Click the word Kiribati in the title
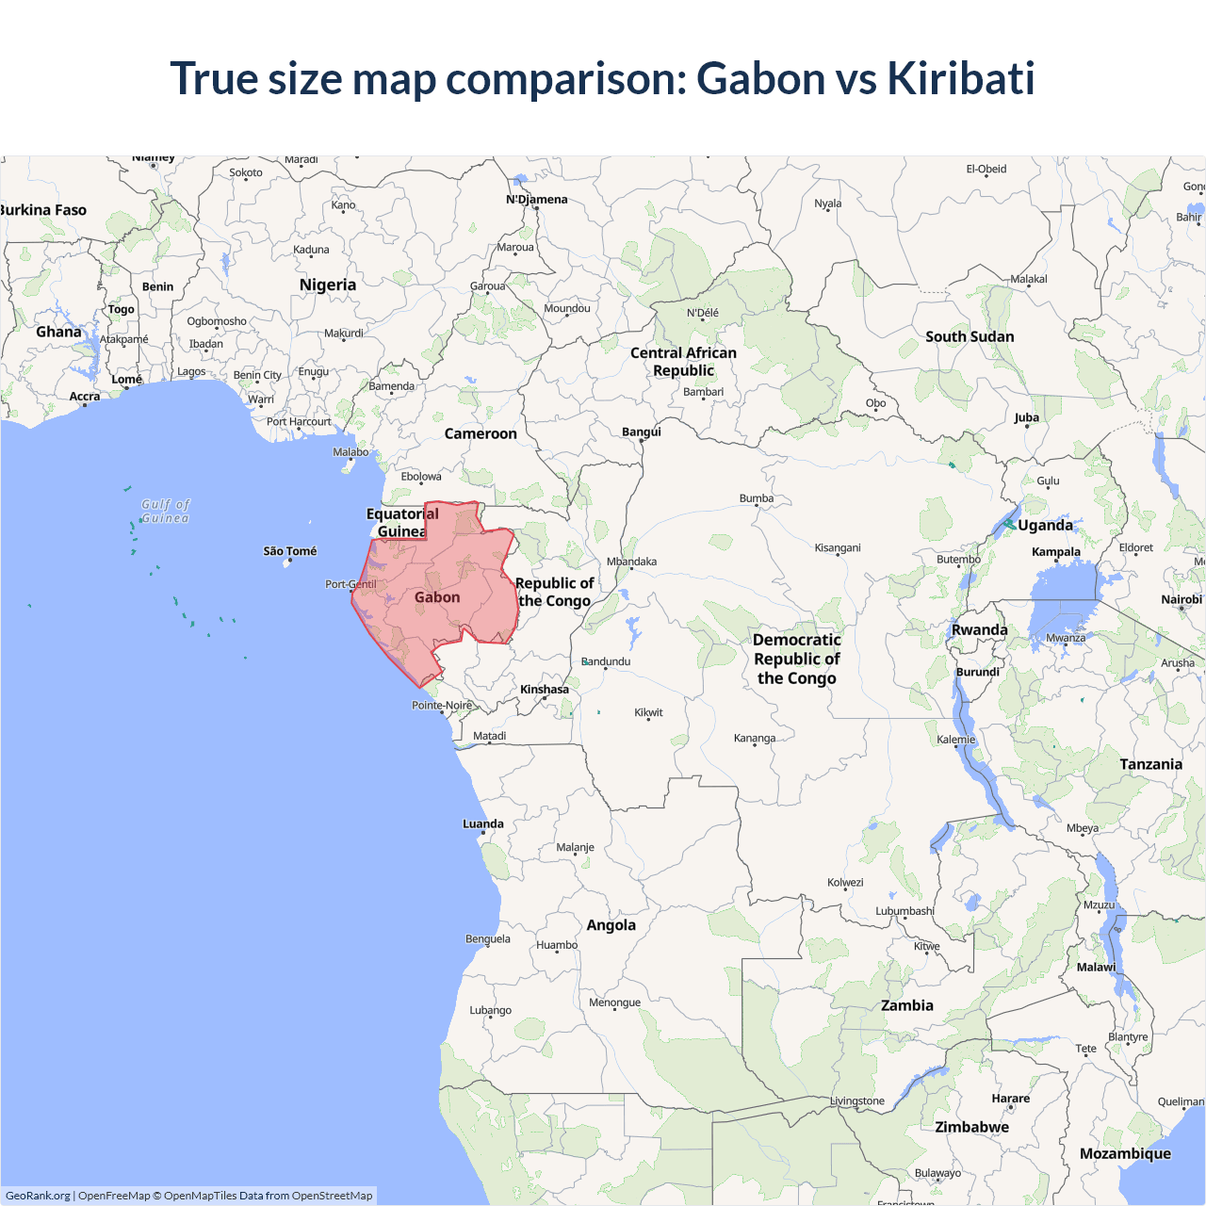tap(960, 78)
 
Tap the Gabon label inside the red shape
tap(437, 597)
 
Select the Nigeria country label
tap(328, 285)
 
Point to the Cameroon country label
tap(481, 433)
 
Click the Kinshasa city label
tap(545, 690)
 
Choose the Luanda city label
tap(483, 823)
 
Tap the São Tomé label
tap(290, 551)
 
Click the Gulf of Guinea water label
tap(166, 512)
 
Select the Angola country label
tap(611, 925)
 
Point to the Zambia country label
tap(907, 1005)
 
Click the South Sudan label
tap(970, 336)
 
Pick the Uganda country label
tap(1045, 525)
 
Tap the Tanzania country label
tap(1150, 764)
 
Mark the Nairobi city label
tap(1182, 599)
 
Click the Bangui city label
tap(642, 432)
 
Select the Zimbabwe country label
tap(971, 1127)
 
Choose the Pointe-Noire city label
tap(442, 705)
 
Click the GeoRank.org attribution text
tap(38, 1196)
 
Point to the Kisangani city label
tap(838, 547)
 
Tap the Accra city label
tap(85, 397)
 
